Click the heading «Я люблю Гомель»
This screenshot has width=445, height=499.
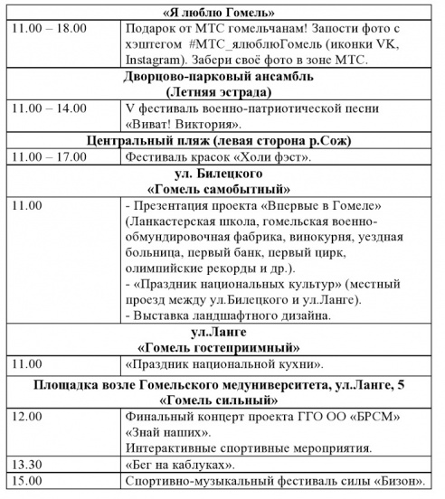coord(222,13)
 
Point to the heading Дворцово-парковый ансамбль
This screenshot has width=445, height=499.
coord(221,78)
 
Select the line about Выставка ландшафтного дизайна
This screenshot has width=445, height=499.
coord(228,315)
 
